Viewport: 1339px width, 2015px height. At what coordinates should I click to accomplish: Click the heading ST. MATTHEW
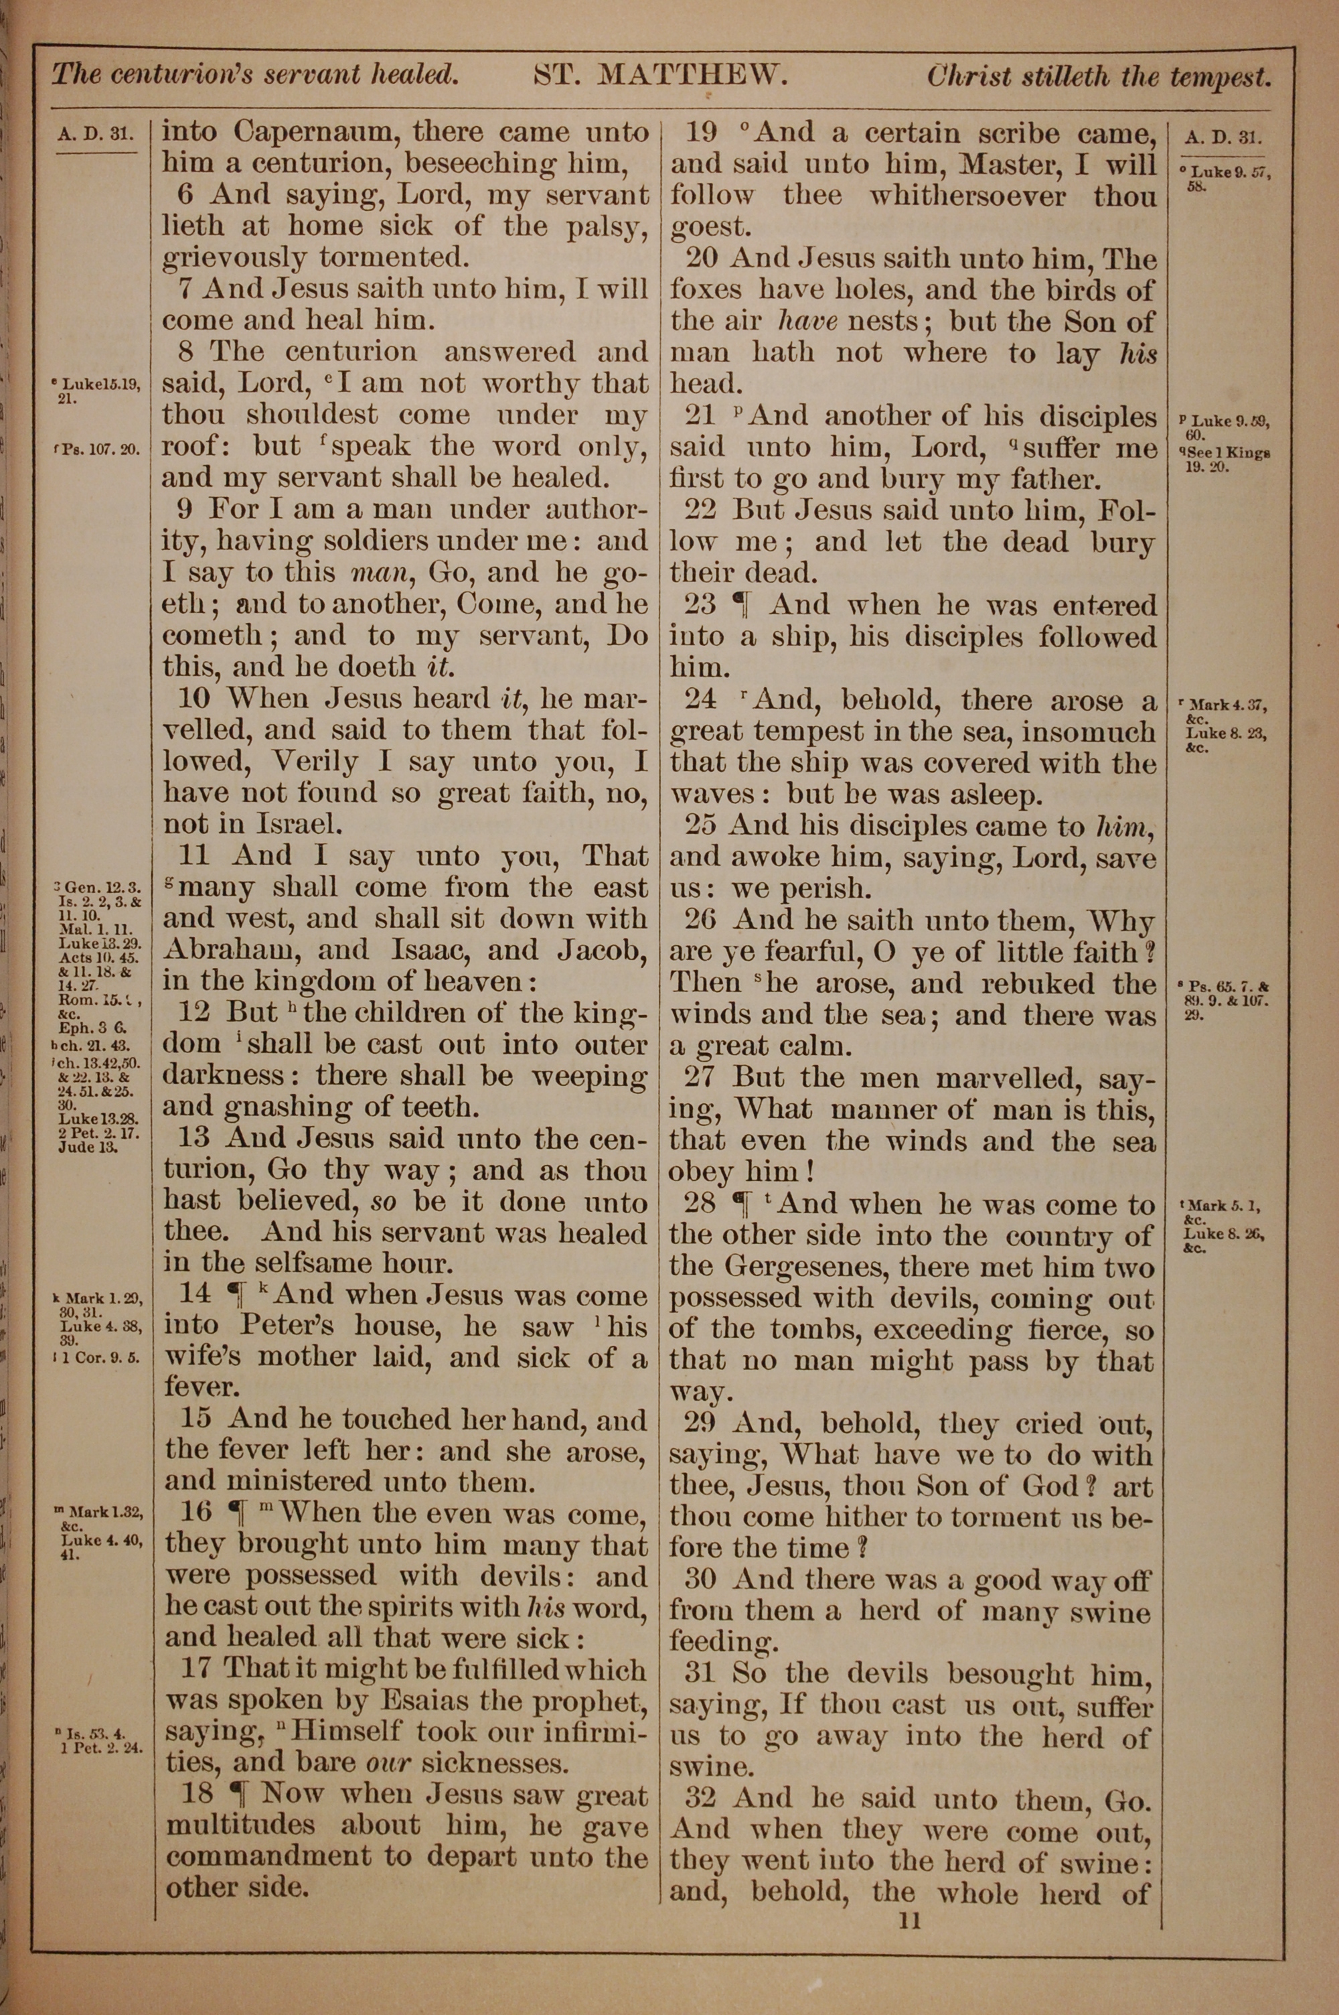coord(659,76)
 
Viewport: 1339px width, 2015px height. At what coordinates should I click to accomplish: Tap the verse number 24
coord(700,701)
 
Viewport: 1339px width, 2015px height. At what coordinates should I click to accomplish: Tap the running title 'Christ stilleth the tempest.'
coord(1099,77)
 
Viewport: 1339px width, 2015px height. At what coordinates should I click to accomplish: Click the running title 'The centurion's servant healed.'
coord(255,75)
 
